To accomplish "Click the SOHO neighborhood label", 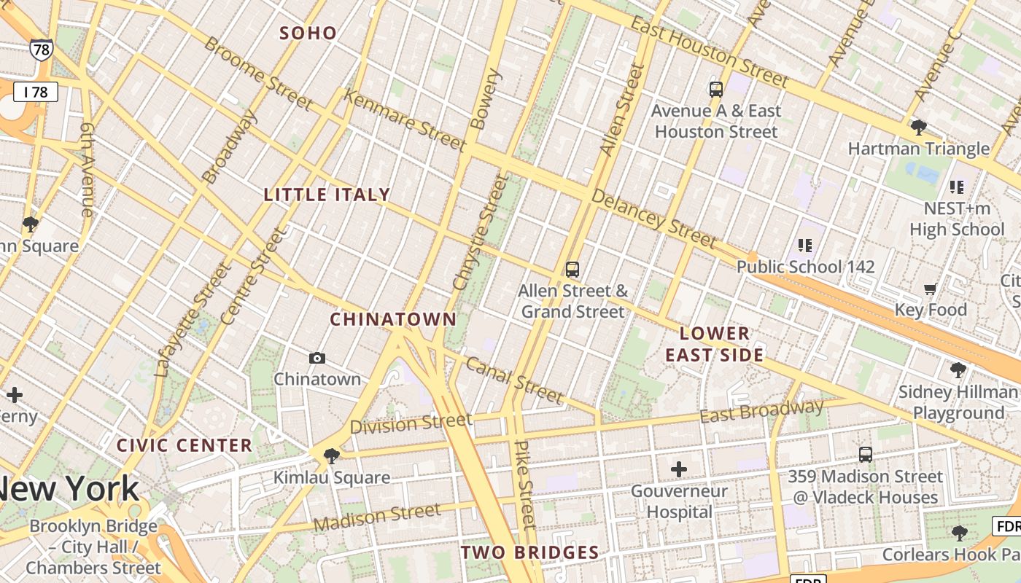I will tap(308, 33).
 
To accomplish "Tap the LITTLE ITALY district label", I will tap(327, 195).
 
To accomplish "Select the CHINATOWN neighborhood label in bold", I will tap(393, 319).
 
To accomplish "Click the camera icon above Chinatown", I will tap(317, 358).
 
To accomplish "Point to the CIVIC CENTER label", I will tap(185, 445).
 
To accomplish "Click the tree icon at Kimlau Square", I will tap(332, 456).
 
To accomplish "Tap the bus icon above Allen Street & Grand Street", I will tap(572, 270).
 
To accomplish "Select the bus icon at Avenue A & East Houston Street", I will tap(716, 90).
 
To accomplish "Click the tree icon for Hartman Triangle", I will tap(919, 128).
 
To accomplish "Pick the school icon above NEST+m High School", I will tap(957, 187).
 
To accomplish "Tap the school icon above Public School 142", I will tap(805, 245).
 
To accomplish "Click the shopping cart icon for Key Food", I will tap(931, 289).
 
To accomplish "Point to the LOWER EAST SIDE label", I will tap(715, 344).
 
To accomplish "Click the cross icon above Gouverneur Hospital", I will tap(679, 469).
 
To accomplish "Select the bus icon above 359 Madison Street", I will tap(866, 455).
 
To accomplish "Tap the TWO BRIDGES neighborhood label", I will tap(529, 552).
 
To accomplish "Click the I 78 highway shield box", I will tap(35, 92).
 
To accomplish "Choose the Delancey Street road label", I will tap(654, 218).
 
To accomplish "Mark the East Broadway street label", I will tap(761, 411).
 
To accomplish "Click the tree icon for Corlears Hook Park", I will tap(960, 533).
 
